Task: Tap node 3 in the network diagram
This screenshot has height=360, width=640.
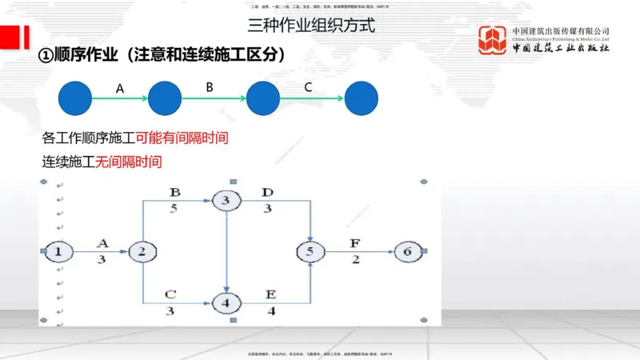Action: pos(227,200)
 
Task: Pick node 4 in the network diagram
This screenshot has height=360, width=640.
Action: pos(227,303)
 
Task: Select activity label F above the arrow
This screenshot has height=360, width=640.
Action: pos(355,242)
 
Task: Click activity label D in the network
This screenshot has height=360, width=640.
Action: pos(268,192)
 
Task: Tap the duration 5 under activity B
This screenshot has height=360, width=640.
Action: pos(173,209)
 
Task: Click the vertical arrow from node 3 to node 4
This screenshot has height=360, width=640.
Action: pos(227,251)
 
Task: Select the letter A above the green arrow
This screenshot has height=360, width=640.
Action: pos(120,89)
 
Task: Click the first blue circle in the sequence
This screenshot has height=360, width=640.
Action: pos(75,98)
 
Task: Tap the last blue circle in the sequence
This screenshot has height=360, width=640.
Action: pos(361,98)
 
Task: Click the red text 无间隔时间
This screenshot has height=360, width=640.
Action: pos(128,162)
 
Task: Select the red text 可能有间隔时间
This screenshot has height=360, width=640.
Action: pos(182,138)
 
